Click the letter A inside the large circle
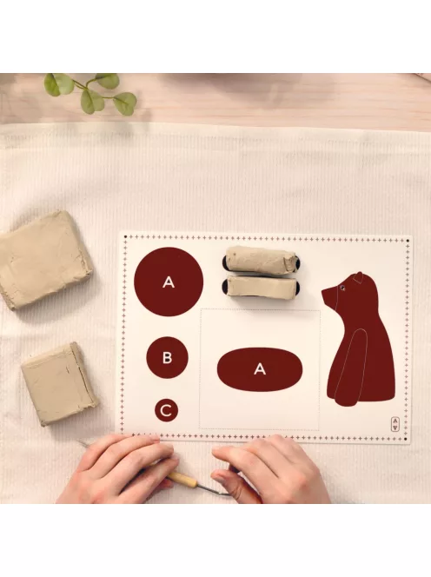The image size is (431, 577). click(x=169, y=282)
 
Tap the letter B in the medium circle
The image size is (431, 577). click(x=167, y=357)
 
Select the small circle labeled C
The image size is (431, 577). click(x=166, y=410)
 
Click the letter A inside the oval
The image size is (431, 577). click(x=260, y=368)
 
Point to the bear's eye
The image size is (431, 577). click(x=342, y=288)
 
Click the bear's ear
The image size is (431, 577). click(x=358, y=277)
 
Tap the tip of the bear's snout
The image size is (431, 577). click(x=323, y=291)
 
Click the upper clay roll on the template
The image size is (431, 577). click(x=261, y=260)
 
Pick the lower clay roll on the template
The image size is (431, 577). click(x=262, y=286)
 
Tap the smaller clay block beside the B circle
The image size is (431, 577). click(x=59, y=383)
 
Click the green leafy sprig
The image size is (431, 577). click(x=91, y=93)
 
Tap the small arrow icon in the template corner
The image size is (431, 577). click(x=395, y=424)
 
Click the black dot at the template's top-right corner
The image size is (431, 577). click(x=408, y=242)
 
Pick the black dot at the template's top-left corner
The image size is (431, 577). click(x=125, y=237)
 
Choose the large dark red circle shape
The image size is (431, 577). click(x=169, y=282)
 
